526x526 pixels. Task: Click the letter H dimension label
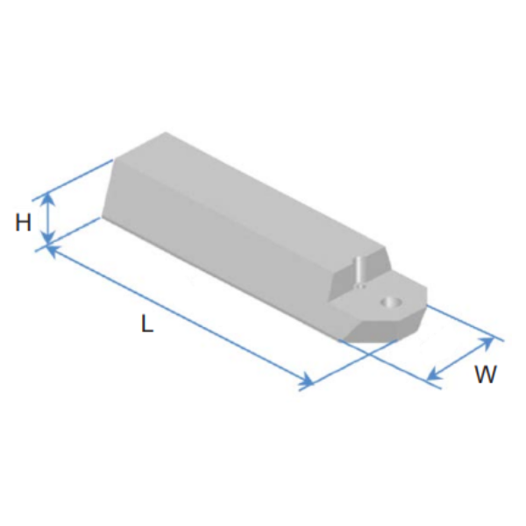pyautogui.click(x=24, y=222)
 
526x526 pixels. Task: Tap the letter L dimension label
pyautogui.click(x=147, y=323)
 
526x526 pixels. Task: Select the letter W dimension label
pyautogui.click(x=485, y=373)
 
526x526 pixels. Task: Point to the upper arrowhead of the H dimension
pyautogui.click(x=49, y=199)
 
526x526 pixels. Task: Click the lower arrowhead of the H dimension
pyautogui.click(x=49, y=238)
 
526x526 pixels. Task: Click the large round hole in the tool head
pyautogui.click(x=391, y=302)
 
